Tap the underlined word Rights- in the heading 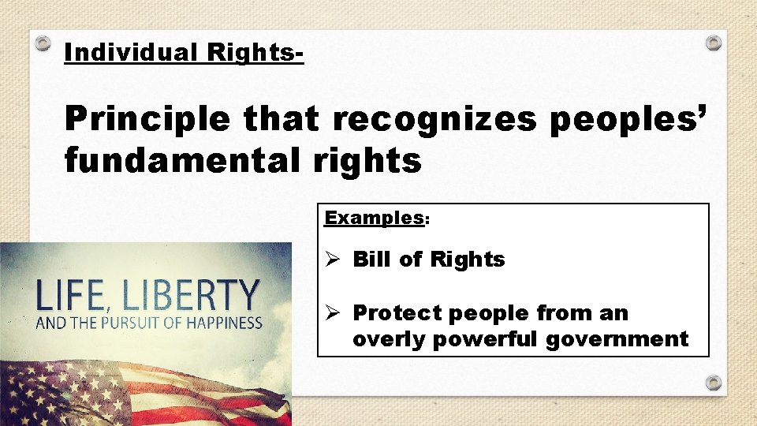click(x=255, y=53)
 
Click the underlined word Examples click(x=375, y=218)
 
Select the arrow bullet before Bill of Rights click(x=334, y=260)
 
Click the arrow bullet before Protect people click(x=334, y=313)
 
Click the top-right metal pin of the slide click(x=713, y=43)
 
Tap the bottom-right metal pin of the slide click(x=713, y=382)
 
